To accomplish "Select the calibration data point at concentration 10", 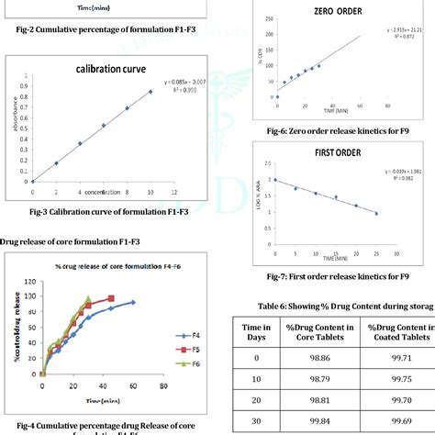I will coord(151,92).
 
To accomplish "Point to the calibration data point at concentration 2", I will coord(56,163).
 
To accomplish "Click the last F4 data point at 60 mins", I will coord(132,302).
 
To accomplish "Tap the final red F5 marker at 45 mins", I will coord(111,298).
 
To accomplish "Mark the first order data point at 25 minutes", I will coord(376,214).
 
